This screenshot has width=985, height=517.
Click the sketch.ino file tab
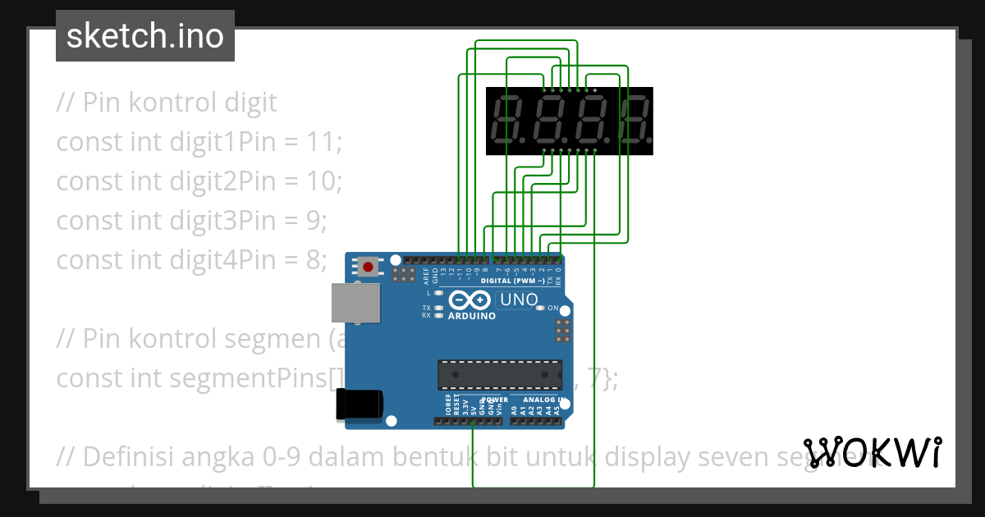144,36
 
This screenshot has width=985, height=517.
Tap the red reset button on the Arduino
369,267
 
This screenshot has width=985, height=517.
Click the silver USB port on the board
355,303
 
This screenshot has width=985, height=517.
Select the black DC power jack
359,404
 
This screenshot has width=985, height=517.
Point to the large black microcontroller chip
499,373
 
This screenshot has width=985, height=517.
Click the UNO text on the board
519,300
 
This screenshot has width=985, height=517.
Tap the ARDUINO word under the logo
471,316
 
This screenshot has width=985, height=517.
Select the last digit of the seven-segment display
635,121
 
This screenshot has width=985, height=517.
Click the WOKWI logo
872,453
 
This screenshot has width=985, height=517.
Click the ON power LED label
552,309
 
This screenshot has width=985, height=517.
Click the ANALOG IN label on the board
538,400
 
